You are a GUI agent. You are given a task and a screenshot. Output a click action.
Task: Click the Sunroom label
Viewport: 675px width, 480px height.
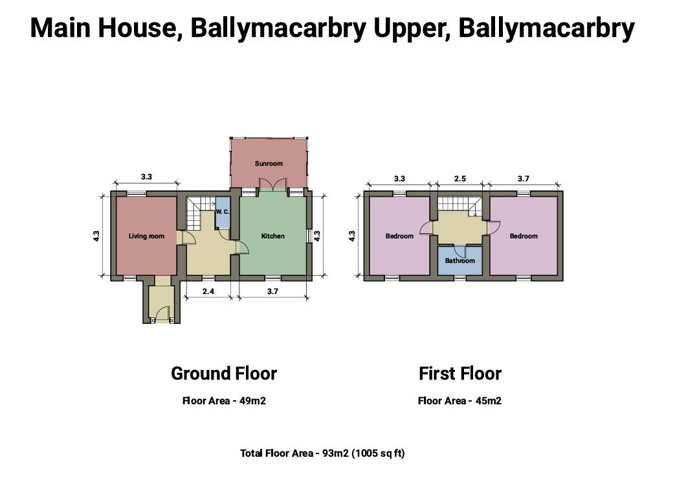click(x=269, y=164)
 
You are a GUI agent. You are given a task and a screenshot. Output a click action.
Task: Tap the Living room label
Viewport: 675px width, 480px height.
click(x=146, y=236)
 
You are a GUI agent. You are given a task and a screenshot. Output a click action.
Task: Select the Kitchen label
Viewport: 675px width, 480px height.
click(x=273, y=236)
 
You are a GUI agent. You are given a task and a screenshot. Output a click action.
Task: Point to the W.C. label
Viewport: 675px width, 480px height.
click(x=223, y=212)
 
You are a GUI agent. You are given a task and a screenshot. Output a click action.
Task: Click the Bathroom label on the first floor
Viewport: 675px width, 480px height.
click(x=459, y=260)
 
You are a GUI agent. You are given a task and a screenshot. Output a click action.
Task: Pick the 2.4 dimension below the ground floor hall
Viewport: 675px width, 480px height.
click(x=208, y=291)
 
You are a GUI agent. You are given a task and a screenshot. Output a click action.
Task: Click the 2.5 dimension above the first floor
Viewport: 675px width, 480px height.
click(x=460, y=178)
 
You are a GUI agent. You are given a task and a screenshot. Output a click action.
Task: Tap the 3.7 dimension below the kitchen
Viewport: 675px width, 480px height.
click(x=272, y=291)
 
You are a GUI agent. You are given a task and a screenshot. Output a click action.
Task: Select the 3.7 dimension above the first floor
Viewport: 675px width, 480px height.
click(x=523, y=178)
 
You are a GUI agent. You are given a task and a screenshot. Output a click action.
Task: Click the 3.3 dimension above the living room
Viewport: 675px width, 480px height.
click(x=146, y=177)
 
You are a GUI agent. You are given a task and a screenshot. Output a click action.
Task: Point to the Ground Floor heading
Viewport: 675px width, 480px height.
click(x=224, y=374)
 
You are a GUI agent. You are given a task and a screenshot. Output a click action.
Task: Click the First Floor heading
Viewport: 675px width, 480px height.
click(x=460, y=374)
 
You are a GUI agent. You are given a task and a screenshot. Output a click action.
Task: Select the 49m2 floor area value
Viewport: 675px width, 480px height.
click(x=252, y=401)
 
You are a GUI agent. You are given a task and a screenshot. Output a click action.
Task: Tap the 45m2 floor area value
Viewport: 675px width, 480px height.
click(x=489, y=401)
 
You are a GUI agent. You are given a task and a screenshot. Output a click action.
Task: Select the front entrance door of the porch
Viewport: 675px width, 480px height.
click(x=162, y=313)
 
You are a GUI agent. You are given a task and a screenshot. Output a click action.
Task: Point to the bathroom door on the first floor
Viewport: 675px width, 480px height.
click(x=460, y=251)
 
